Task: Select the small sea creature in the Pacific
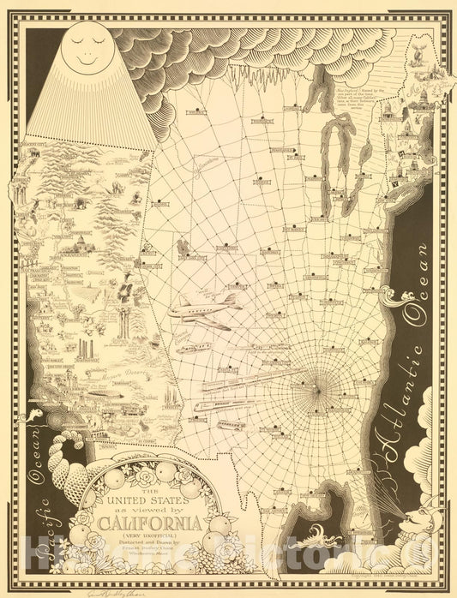coord(34,418)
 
